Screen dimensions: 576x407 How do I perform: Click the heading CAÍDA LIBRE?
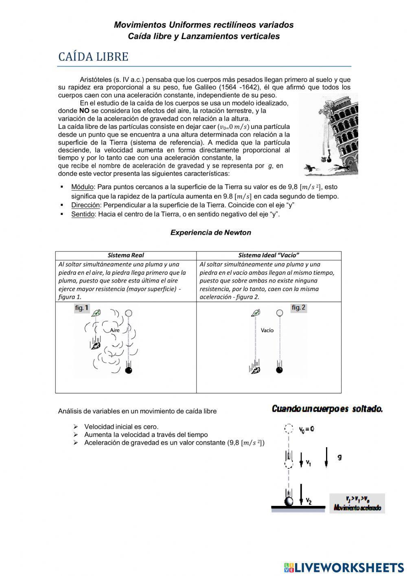click(x=93, y=57)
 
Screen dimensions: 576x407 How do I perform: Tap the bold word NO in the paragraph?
click(x=84, y=110)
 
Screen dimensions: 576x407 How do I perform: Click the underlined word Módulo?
click(x=83, y=187)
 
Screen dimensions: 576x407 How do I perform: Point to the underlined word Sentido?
click(x=83, y=214)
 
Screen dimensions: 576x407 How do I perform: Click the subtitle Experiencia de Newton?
click(x=210, y=233)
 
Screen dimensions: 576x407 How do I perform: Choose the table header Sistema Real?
click(x=126, y=256)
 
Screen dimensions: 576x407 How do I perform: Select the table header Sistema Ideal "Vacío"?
click(x=269, y=256)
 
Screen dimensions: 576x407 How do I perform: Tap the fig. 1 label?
click(x=82, y=308)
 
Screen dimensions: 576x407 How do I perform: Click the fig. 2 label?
click(x=298, y=308)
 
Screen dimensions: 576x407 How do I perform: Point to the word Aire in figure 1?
click(x=115, y=330)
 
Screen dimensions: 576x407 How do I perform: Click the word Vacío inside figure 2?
click(x=267, y=330)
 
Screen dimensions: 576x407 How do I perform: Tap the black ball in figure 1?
click(x=129, y=370)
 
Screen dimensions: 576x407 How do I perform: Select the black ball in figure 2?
click(x=279, y=370)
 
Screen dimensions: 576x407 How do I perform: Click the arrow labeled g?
click(x=327, y=457)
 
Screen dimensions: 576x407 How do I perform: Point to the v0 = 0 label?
click(x=306, y=429)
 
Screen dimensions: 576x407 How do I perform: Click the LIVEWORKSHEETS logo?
click(x=344, y=567)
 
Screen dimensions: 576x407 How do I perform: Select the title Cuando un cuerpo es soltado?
click(x=327, y=409)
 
